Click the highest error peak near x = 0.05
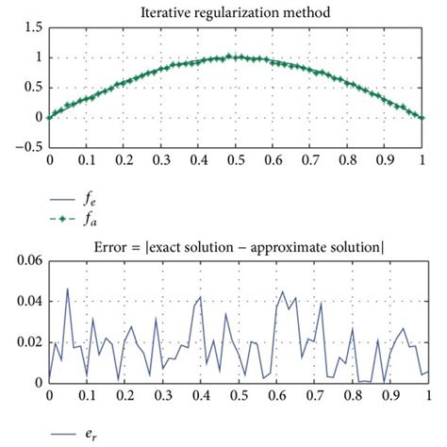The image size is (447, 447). (68, 290)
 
